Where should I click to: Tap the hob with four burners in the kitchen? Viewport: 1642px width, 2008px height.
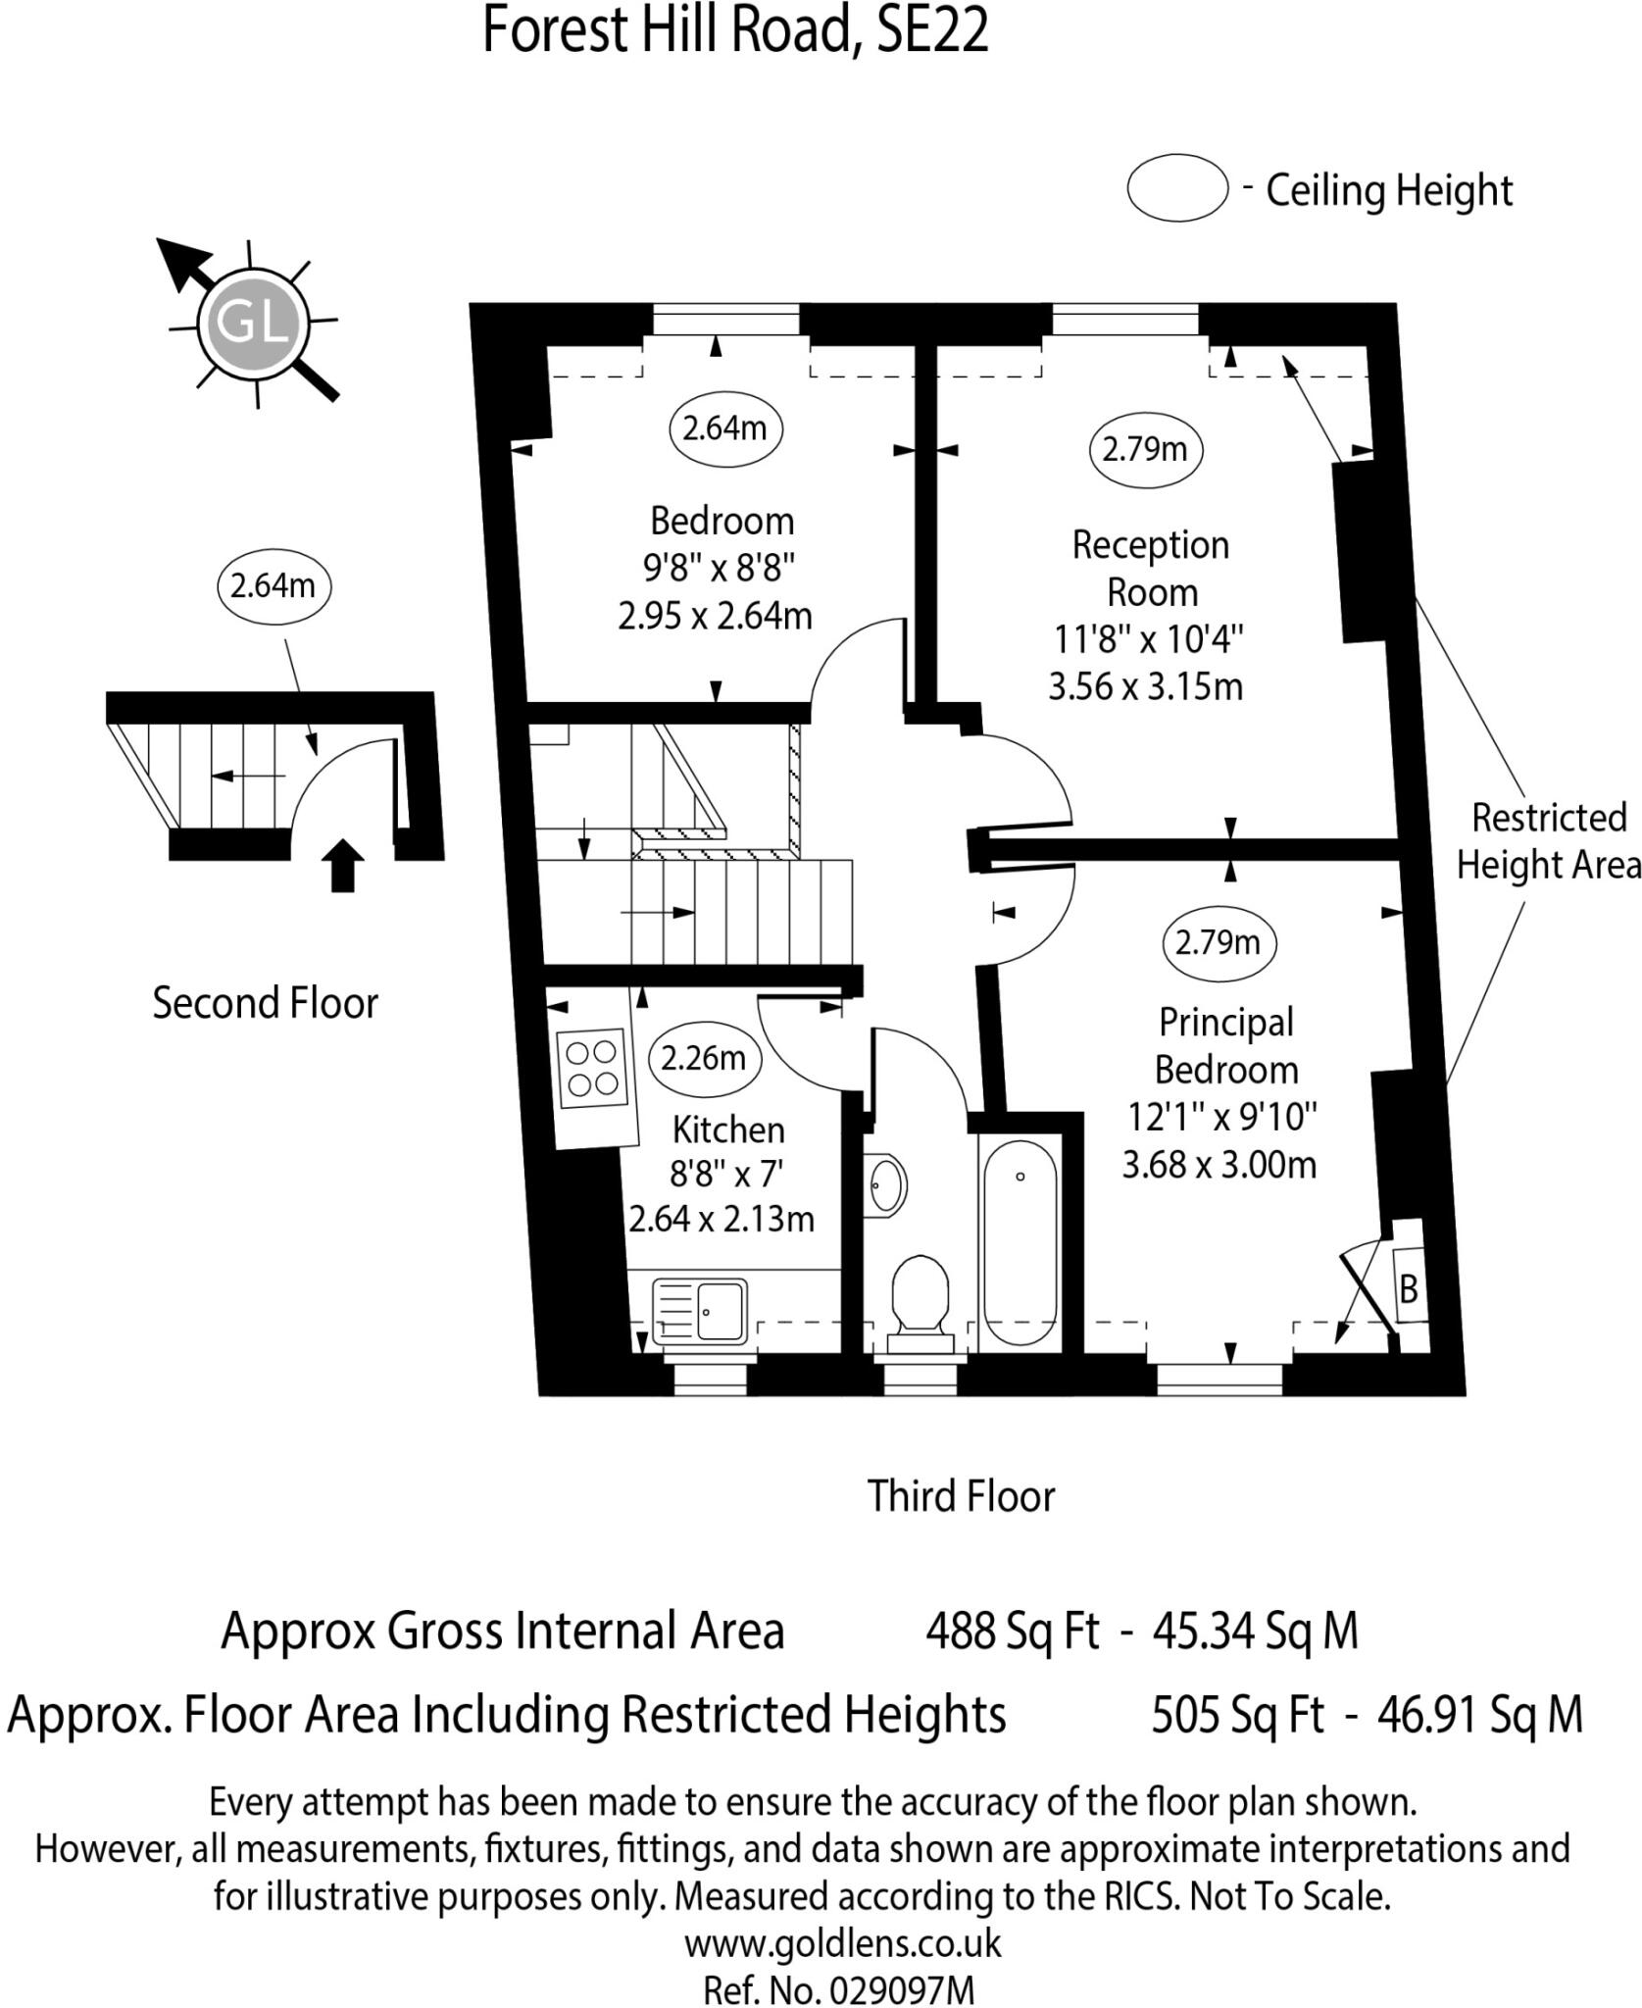click(x=592, y=1069)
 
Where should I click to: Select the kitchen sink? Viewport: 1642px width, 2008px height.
click(x=698, y=1309)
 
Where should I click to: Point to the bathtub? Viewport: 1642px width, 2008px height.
click(x=1020, y=1241)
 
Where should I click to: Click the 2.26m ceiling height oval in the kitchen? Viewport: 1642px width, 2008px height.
click(x=703, y=1058)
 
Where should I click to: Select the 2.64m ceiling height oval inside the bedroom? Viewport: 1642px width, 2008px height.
click(x=724, y=428)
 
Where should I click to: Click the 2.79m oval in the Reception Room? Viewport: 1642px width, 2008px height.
click(x=1144, y=450)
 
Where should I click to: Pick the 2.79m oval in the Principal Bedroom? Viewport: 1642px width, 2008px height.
click(x=1218, y=942)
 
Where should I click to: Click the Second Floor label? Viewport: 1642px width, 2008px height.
click(x=265, y=1003)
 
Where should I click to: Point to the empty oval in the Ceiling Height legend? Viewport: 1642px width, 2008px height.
click(x=1176, y=188)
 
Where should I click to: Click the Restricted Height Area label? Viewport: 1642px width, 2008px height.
click(x=1548, y=840)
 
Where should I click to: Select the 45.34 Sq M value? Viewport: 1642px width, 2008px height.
click(x=1255, y=1631)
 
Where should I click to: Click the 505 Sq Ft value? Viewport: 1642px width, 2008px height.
click(x=1237, y=1715)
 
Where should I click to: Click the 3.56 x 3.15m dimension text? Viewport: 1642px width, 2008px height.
click(x=1145, y=686)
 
